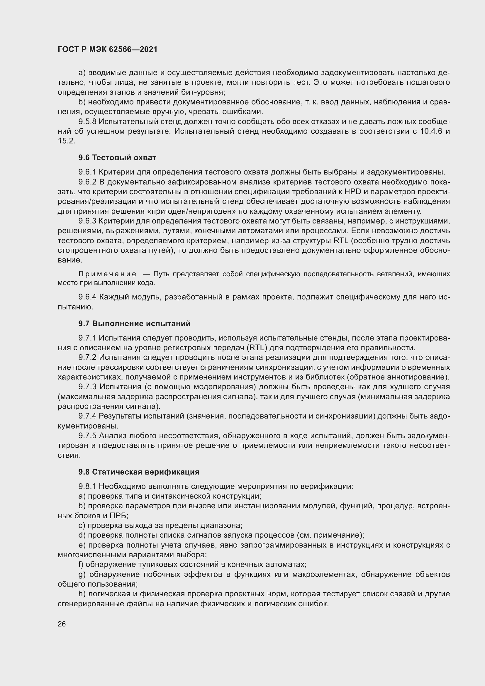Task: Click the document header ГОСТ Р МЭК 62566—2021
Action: click(x=108, y=50)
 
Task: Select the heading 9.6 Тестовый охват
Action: click(x=117, y=157)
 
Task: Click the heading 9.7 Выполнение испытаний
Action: click(x=134, y=323)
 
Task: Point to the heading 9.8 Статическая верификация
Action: click(x=139, y=472)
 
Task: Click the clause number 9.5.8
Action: click(x=87, y=122)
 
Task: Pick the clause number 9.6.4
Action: click(x=87, y=297)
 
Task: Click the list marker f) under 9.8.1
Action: click(x=81, y=564)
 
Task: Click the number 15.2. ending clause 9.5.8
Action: click(x=66, y=141)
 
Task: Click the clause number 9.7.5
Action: click(x=87, y=436)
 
